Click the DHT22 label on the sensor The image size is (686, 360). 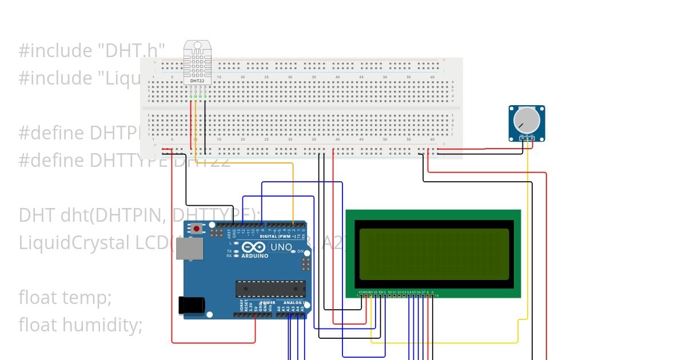(197, 81)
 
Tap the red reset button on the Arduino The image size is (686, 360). (197, 229)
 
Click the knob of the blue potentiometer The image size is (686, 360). (526, 121)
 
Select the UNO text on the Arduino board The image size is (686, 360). (281, 247)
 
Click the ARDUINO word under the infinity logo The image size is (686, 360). (254, 255)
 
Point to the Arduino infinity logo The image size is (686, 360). (254, 247)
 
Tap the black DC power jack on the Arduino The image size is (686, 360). (192, 305)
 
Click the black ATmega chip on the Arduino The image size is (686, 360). (270, 289)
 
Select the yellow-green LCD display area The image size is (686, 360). (433, 254)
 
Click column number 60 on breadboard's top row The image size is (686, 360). (432, 77)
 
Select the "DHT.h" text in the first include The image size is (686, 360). (131, 51)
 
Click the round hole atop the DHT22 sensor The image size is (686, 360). (197, 45)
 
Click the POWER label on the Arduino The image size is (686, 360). (268, 303)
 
